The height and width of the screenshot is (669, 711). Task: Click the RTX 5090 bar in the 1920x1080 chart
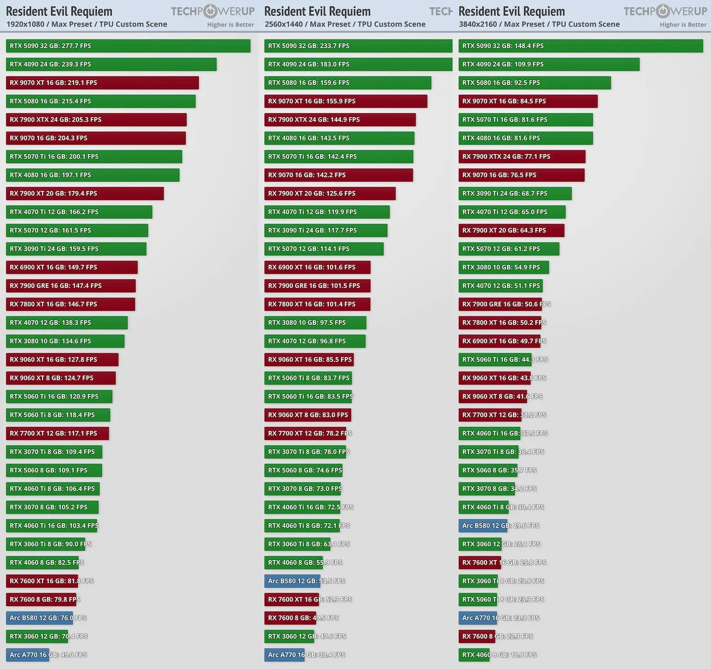pyautogui.click(x=128, y=46)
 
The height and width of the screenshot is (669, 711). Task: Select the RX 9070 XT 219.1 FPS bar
pyautogui.click(x=102, y=83)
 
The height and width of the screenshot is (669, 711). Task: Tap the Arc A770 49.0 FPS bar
pyautogui.click(x=27, y=655)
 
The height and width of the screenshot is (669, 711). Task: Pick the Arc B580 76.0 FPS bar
pyautogui.click(x=39, y=618)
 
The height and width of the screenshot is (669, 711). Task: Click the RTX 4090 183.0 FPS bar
pyautogui.click(x=358, y=64)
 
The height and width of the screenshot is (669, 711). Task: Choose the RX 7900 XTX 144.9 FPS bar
pyautogui.click(x=340, y=119)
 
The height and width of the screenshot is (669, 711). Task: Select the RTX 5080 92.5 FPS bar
pyautogui.click(x=534, y=83)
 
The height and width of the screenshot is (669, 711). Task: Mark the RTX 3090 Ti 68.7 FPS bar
pyautogui.click(x=515, y=193)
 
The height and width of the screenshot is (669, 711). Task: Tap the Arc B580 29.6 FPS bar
pyautogui.click(x=483, y=526)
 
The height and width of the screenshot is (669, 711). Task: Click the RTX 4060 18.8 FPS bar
pyautogui.click(x=474, y=655)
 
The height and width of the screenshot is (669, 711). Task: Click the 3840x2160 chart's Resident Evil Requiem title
pyautogui.click(x=511, y=11)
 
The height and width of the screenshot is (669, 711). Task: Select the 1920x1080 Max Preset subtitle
pyautogui.click(x=87, y=24)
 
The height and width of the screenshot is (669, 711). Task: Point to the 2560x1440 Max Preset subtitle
pyautogui.click(x=345, y=24)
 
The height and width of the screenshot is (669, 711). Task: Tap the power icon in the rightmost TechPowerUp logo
pyautogui.click(x=663, y=11)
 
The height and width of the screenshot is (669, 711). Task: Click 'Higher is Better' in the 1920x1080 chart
pyautogui.click(x=230, y=24)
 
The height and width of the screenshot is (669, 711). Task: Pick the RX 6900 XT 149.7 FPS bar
pyautogui.click(x=72, y=267)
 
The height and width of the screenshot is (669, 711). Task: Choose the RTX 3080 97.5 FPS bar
pyautogui.click(x=315, y=323)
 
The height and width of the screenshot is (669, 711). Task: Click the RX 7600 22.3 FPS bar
pyautogui.click(x=477, y=636)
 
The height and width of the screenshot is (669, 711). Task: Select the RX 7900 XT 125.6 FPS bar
pyautogui.click(x=329, y=193)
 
